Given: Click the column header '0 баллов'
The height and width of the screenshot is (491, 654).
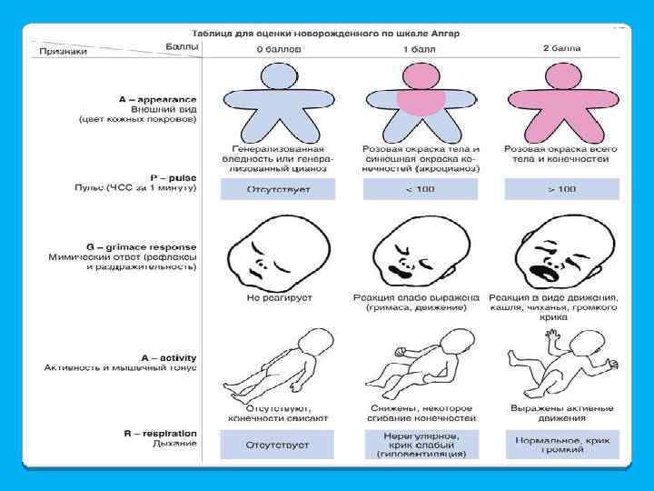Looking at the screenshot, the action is point(278,48).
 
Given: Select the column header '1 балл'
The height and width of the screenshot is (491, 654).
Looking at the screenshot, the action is point(420,48).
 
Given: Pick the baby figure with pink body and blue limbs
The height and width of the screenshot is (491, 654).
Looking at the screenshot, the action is point(420,99).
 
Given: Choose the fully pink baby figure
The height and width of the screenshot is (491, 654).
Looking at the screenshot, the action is point(562,99).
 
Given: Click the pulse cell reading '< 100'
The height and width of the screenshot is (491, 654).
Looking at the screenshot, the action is point(420,189).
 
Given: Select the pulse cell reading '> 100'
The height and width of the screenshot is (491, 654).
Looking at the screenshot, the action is point(562,189).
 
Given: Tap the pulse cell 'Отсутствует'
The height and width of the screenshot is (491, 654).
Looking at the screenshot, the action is point(278,189).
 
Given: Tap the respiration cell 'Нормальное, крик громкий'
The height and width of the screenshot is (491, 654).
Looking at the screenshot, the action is point(562,444).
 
